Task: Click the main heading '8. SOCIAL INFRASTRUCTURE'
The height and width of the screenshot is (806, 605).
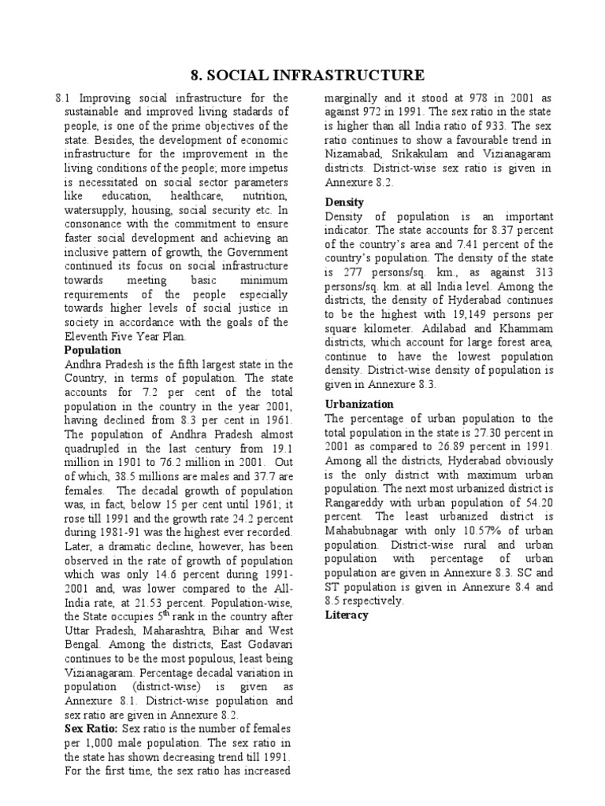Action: pos(308,76)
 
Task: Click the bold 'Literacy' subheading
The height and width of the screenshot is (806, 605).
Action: pos(347,615)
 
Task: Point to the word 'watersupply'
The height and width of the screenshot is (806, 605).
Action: pos(98,211)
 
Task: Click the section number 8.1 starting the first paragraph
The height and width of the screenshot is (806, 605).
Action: pos(63,98)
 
